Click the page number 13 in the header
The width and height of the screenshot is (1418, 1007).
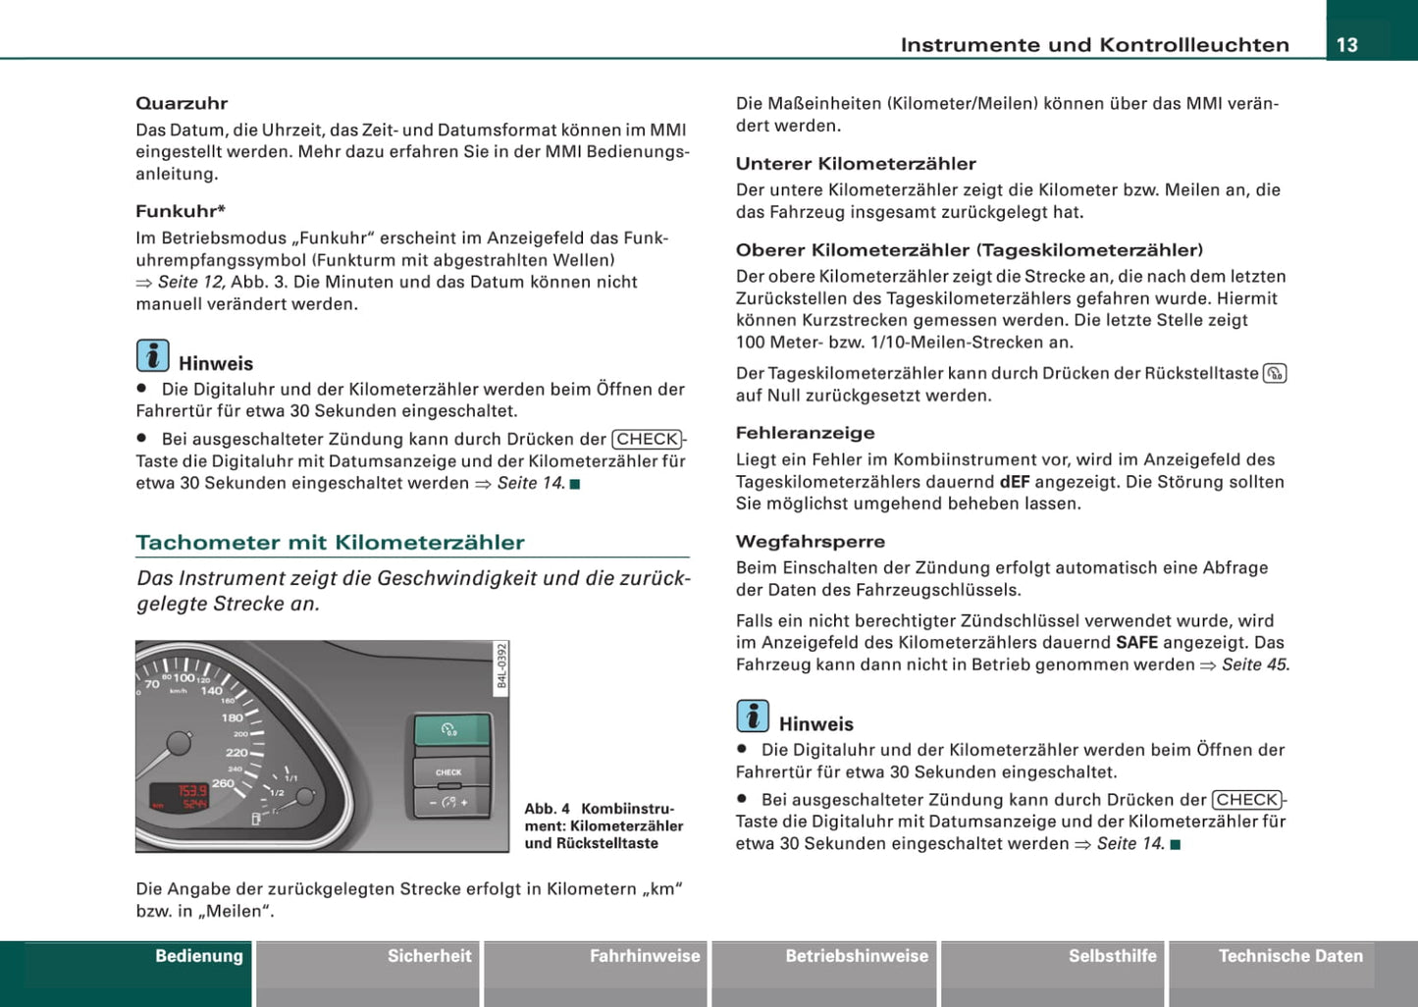point(1347,44)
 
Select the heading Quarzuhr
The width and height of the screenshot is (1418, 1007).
point(182,103)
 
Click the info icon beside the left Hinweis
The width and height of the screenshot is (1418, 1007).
point(152,355)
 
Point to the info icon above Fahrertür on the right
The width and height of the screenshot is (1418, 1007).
point(753,716)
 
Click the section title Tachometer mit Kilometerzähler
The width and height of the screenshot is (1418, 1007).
point(330,543)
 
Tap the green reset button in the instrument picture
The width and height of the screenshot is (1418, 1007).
point(450,731)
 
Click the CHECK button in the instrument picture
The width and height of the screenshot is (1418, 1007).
point(449,772)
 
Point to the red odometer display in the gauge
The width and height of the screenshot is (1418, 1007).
point(179,797)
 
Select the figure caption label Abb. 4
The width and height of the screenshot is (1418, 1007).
point(547,809)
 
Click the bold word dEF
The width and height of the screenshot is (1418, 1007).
point(1015,482)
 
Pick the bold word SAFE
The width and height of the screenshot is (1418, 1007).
point(1136,643)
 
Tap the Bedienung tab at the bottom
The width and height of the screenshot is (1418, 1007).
point(199,956)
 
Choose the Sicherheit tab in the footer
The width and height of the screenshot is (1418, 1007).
point(429,956)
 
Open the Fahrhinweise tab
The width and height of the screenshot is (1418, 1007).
point(645,956)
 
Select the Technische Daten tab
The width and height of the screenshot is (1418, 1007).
point(1290,956)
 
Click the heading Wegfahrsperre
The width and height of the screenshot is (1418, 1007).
point(811,542)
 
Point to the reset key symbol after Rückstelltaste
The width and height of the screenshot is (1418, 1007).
point(1275,374)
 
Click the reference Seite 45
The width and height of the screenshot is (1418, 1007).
point(1255,665)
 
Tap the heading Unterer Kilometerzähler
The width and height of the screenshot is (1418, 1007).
point(856,164)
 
